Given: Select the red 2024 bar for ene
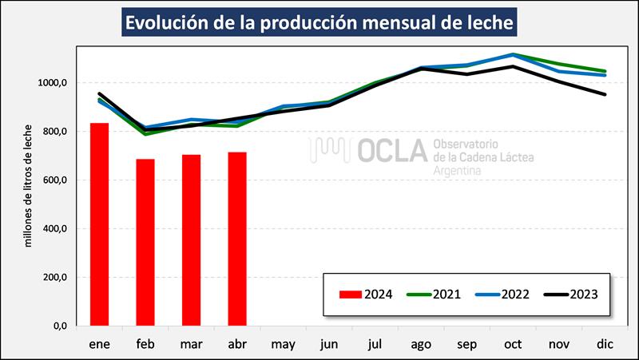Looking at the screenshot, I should click(x=99, y=224).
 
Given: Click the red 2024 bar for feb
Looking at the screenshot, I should click(x=145, y=243).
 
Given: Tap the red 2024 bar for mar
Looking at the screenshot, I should click(x=192, y=240).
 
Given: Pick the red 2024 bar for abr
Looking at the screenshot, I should click(x=237, y=239).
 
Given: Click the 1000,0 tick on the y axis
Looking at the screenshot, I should click(x=53, y=83).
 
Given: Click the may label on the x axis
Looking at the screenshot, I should click(x=284, y=344).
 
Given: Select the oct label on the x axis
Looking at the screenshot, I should click(x=514, y=344).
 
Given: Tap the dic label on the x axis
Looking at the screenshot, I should click(x=605, y=344).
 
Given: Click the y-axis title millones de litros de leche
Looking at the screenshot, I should click(x=29, y=184).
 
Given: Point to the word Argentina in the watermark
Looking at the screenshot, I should click(x=461, y=172).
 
